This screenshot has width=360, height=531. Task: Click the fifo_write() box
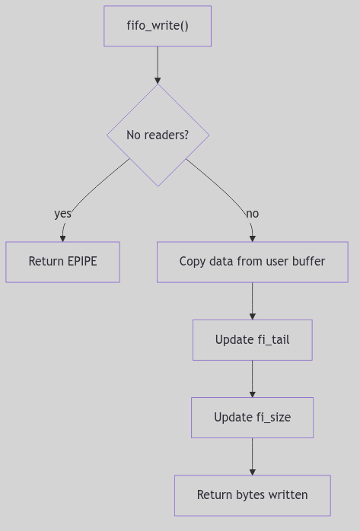[158, 26]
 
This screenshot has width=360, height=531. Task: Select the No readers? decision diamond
[158, 135]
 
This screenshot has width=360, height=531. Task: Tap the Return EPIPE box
[62, 262]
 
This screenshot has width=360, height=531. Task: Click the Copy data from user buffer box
[252, 262]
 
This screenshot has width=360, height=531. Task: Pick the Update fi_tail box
[252, 339]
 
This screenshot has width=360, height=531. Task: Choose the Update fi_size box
[252, 417]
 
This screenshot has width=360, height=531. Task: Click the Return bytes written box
[252, 495]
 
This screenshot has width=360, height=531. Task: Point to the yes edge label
[62, 214]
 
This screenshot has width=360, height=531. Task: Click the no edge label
[252, 214]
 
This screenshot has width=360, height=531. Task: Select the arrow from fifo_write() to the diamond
[158, 64]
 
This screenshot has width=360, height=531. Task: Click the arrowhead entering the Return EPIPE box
[62, 238]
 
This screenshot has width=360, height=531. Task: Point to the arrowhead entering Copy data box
[252, 238]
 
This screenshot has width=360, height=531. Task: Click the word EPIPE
[80, 262]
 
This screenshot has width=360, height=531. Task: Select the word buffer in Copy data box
[307, 262]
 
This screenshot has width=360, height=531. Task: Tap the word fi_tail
[273, 339]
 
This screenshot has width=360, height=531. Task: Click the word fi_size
[273, 417]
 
